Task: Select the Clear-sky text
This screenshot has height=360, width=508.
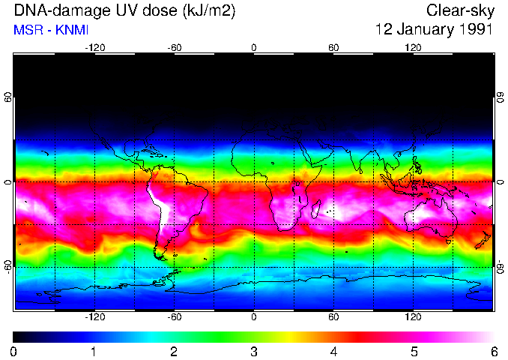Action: coord(459,10)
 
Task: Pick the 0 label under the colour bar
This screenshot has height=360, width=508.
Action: coord(13,351)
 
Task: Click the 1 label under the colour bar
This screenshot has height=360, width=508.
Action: coord(94,351)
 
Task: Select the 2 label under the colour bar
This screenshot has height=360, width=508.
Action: coord(174,351)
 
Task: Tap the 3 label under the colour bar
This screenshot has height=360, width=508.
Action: coord(253,351)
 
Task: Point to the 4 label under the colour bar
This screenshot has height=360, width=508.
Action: coord(333,351)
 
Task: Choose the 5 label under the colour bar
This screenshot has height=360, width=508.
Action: coord(414,351)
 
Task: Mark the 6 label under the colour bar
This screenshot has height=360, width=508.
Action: coord(494,351)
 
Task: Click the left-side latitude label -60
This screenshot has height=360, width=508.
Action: coord(7,263)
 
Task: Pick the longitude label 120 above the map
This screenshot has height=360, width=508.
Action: coord(413,47)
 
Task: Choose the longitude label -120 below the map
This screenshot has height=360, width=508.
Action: coord(94,316)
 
